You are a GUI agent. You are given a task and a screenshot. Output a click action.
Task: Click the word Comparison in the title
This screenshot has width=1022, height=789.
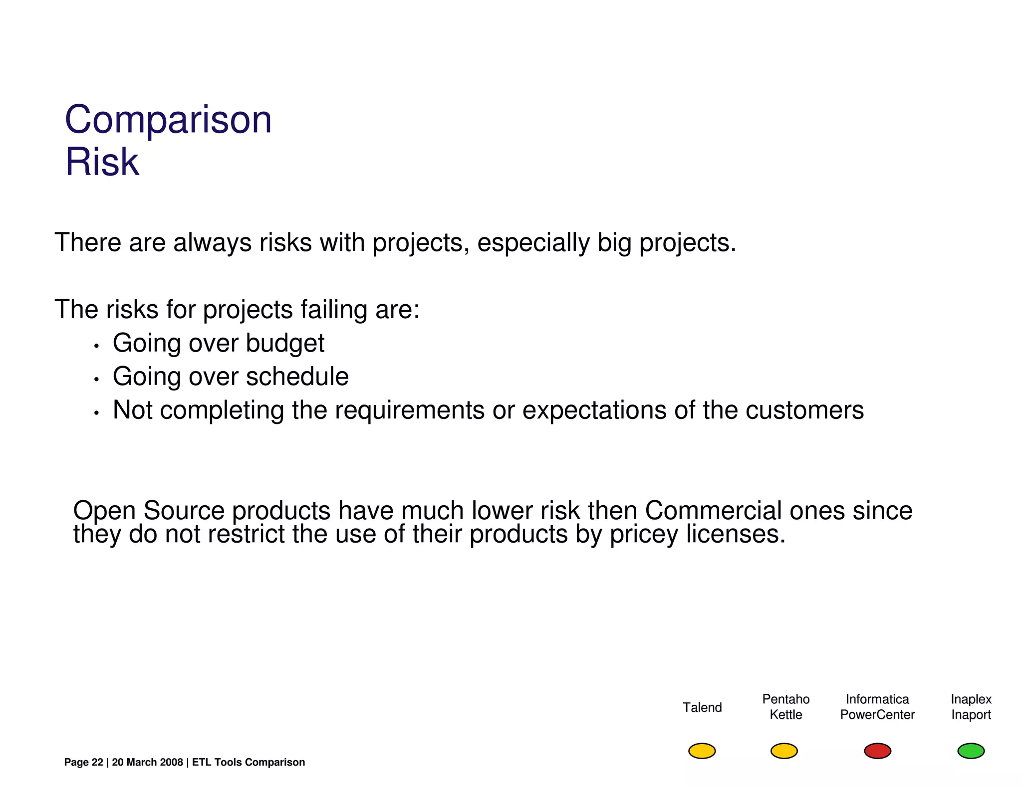tap(168, 120)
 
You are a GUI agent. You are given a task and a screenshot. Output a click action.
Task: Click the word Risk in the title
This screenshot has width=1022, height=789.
tap(102, 162)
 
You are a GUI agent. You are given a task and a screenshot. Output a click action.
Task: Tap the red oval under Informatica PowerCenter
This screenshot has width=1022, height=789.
tap(877, 751)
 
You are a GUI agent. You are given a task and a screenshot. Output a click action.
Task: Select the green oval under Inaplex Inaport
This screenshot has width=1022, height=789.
tap(971, 751)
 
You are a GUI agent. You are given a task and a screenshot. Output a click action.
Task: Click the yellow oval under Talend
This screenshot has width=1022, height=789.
tap(702, 751)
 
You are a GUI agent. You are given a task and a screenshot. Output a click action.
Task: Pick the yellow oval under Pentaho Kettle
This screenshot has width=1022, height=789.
tap(784, 751)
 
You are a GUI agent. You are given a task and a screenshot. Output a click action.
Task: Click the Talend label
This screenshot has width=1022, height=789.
tap(702, 707)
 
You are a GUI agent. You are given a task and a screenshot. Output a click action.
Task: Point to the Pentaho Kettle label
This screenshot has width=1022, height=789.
tap(785, 707)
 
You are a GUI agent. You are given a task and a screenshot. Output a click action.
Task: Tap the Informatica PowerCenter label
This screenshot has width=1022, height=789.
tap(877, 707)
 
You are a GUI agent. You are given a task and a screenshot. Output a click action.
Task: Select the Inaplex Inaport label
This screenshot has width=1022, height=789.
tap(971, 707)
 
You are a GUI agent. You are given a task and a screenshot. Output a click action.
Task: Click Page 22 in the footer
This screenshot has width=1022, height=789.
tap(83, 762)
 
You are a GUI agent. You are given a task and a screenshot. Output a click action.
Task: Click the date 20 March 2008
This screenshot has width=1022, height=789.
tap(147, 762)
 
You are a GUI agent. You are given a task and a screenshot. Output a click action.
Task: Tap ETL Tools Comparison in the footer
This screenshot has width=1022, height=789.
tap(248, 762)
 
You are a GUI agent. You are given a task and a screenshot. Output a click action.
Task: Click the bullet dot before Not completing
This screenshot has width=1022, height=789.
tap(97, 413)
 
